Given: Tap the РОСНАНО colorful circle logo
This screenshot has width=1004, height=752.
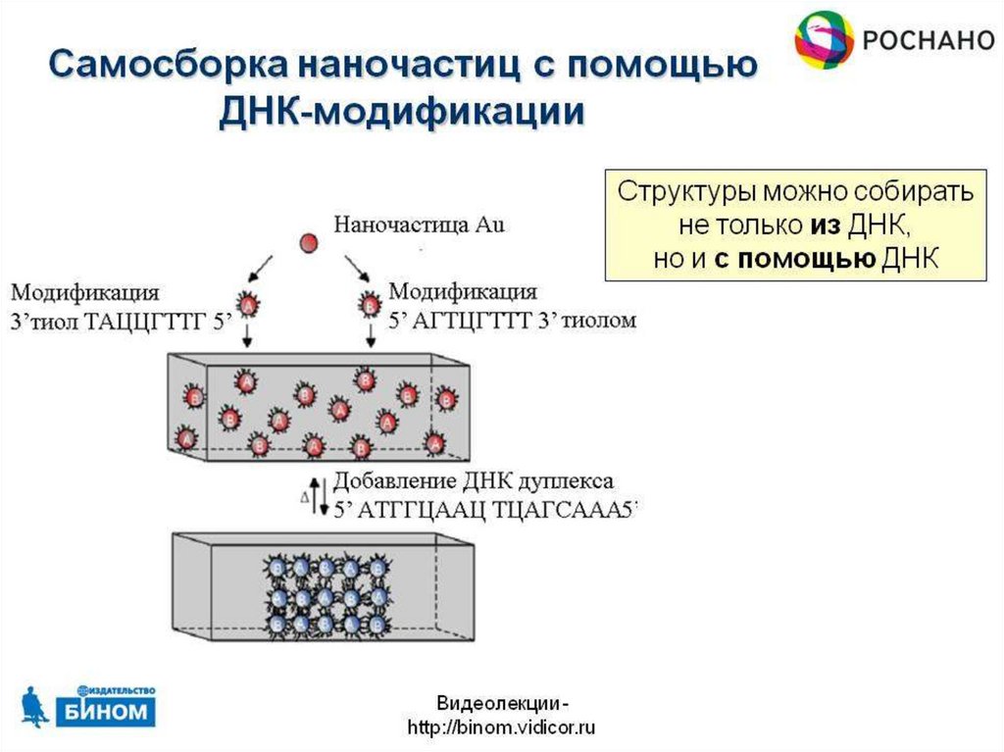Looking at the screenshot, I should tap(824, 40).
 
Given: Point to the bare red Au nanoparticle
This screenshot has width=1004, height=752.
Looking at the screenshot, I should tap(309, 241).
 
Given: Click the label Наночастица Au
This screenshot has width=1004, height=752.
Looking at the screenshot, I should tap(419, 225).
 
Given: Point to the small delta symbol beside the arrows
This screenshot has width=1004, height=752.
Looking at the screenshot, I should tap(304, 497).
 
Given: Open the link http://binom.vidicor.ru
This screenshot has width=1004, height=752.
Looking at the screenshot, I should tap(501, 727).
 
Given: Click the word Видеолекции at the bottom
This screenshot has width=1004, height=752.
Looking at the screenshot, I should tap(495, 703).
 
